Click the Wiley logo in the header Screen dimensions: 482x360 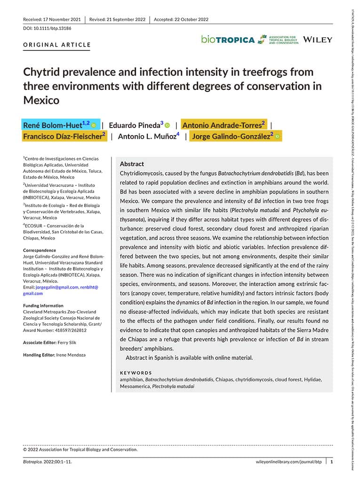[x=318, y=40]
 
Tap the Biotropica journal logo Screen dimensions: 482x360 [x=228, y=40]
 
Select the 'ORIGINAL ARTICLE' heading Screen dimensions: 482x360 [x=56, y=45]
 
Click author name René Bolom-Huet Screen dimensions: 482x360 [x=52, y=125]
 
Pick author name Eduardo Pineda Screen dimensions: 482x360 [x=134, y=125]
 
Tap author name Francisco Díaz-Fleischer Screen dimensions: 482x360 [x=63, y=137]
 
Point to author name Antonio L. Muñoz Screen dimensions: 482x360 [x=146, y=137]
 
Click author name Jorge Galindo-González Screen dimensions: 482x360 [x=231, y=137]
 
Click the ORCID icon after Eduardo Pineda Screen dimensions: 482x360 [x=167, y=125]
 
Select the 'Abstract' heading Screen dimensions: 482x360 [x=132, y=164]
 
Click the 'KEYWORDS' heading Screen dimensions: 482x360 [x=136, y=373]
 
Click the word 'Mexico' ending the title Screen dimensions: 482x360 [x=41, y=100]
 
